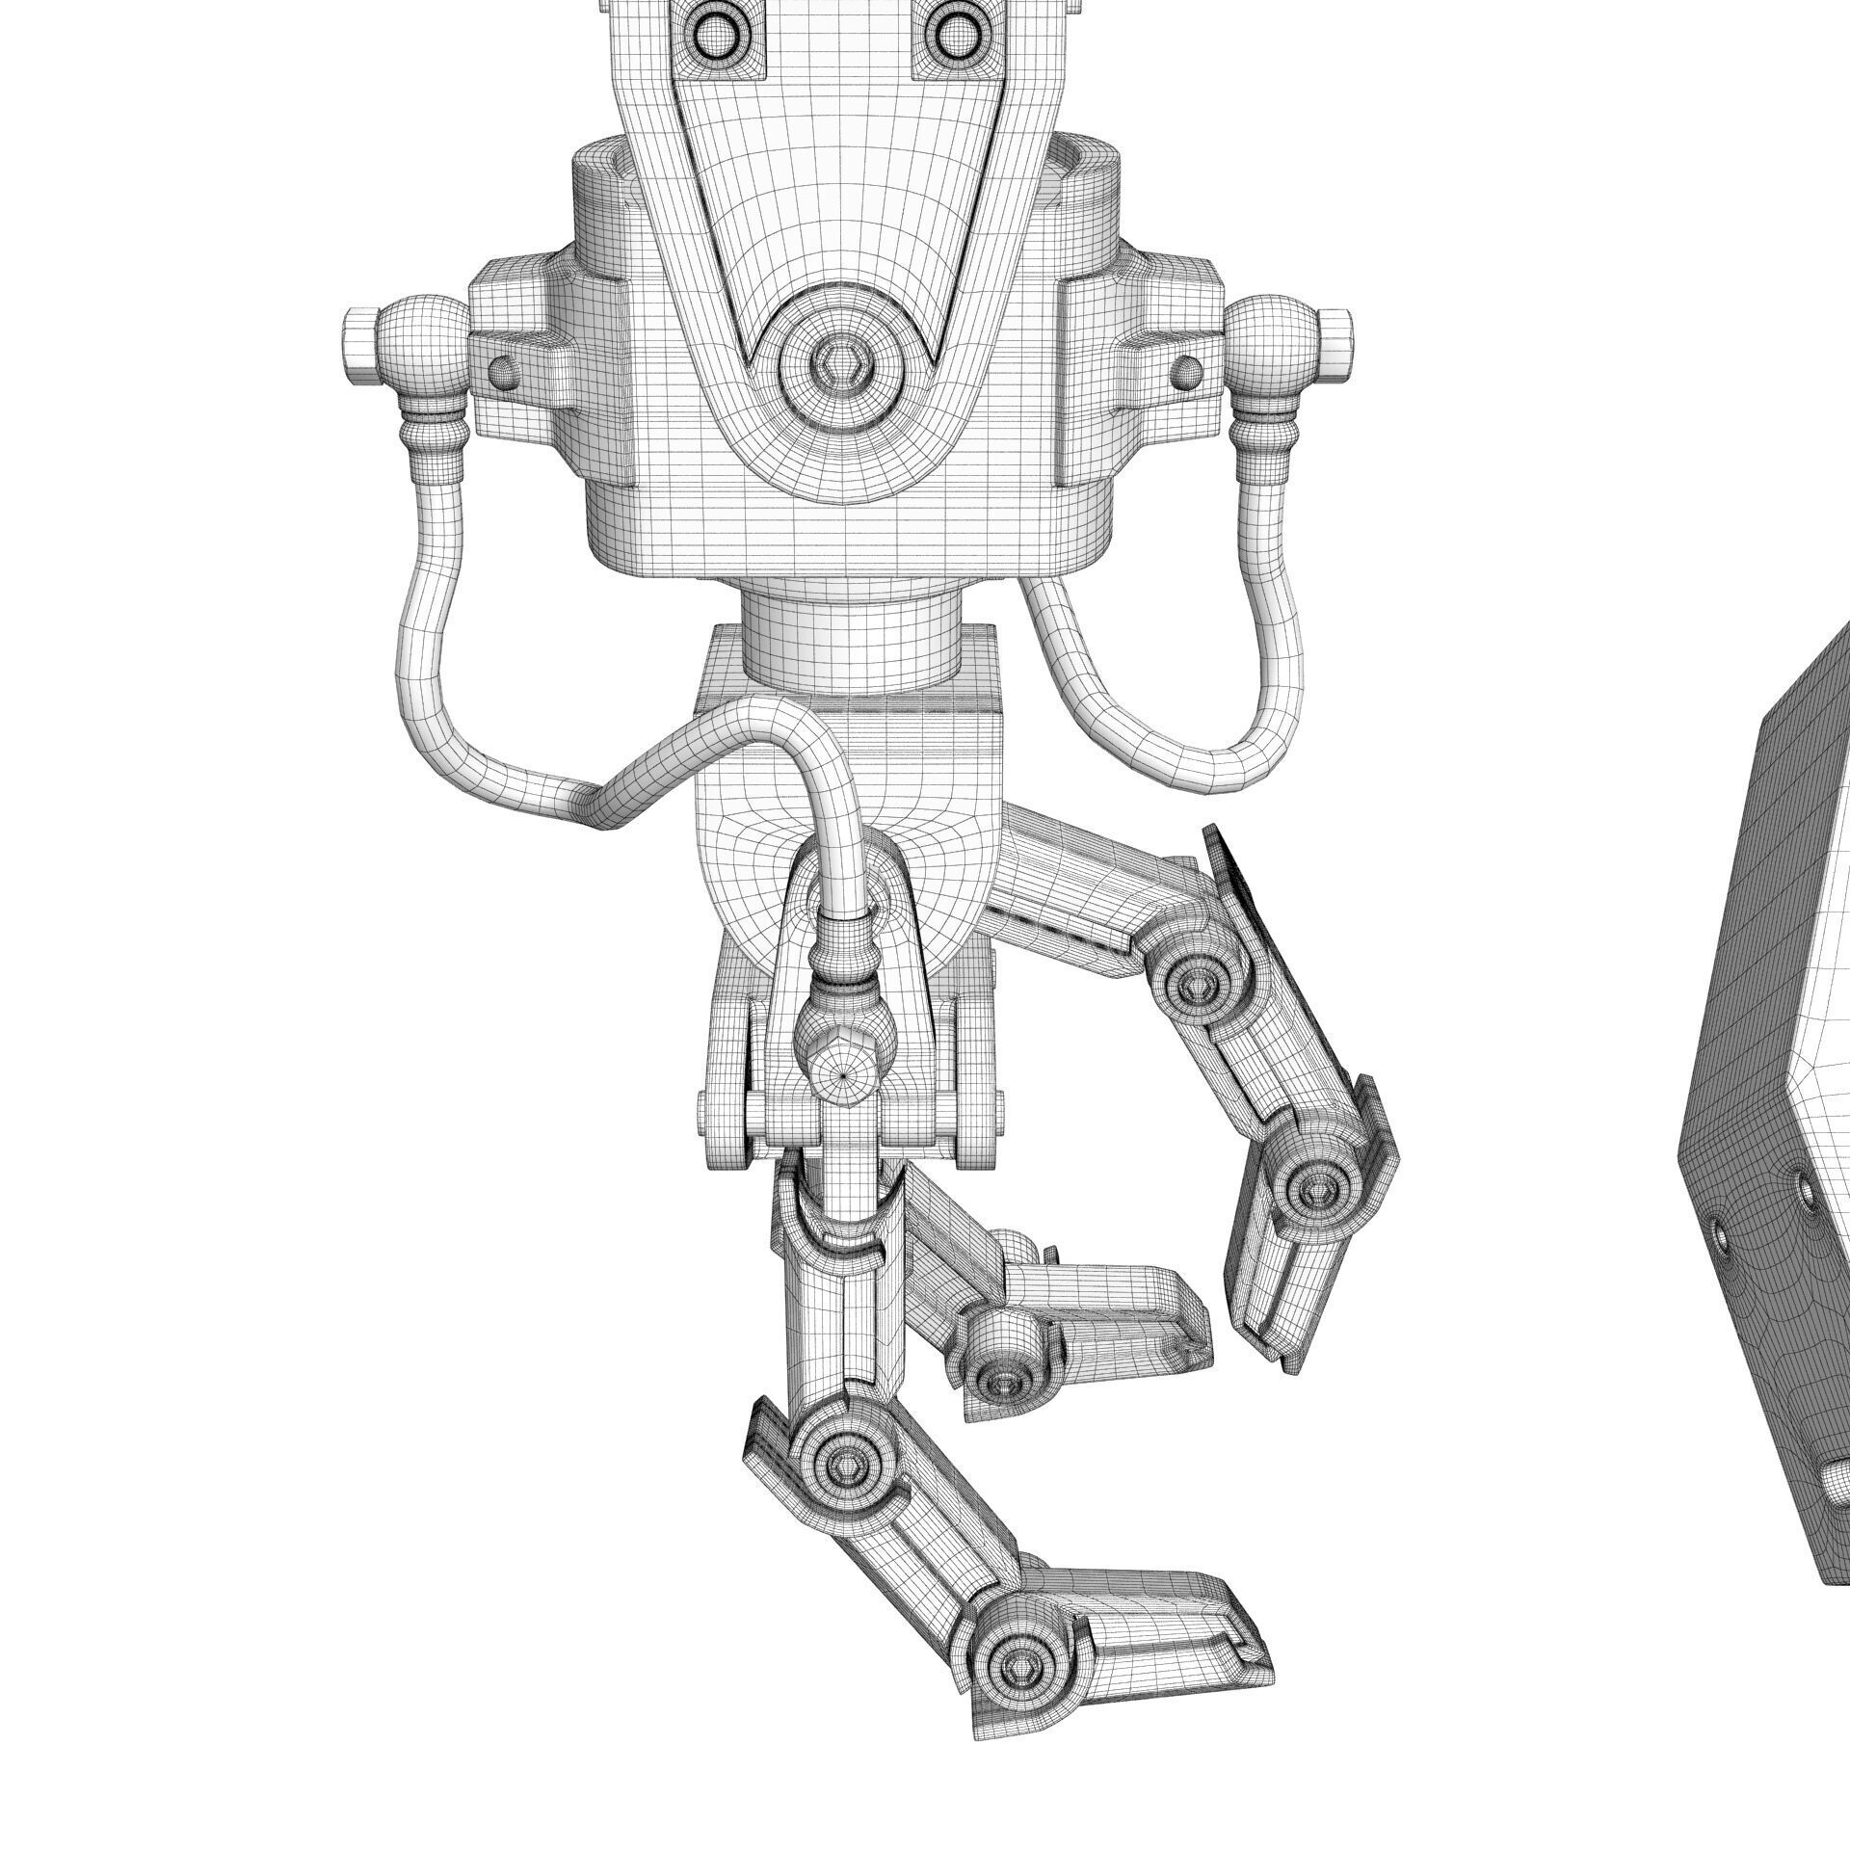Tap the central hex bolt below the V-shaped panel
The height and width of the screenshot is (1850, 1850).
(x=835, y=363)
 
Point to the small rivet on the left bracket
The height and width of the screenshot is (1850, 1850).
(x=501, y=369)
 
